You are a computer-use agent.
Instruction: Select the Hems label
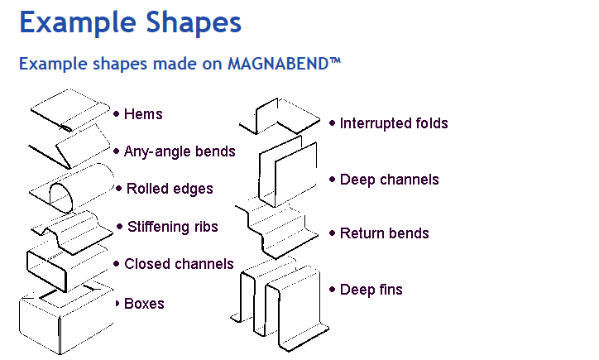pos(143,114)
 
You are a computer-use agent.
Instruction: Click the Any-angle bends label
pos(180,151)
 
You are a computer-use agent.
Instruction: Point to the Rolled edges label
pos(170,189)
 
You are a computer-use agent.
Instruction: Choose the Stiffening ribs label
pos(172,226)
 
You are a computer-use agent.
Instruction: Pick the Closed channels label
pos(179,264)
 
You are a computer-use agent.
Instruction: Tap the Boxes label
pos(144,304)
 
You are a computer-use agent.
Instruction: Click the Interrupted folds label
pos(394,123)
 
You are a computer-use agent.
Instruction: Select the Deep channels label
pos(389,180)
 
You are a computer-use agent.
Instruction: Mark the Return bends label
pos(384,233)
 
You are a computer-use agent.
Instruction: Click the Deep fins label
pos(371,290)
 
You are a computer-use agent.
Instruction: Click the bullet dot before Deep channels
pos(332,180)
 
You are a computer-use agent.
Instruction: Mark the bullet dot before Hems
pos(117,114)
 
